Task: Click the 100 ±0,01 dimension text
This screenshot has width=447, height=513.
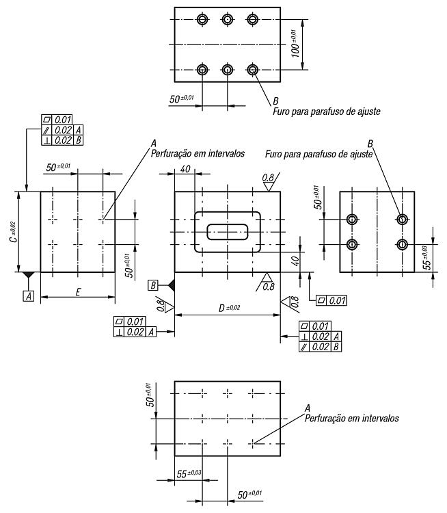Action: coord(295,44)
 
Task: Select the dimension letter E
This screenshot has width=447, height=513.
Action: coord(78,291)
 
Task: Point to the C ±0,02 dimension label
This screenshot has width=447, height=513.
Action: coord(12,232)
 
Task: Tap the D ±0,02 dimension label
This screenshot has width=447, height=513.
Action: coord(230,308)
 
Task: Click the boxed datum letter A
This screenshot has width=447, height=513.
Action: coord(29,296)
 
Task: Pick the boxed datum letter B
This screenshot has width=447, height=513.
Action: coord(152,285)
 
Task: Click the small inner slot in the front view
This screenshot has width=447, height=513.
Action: coord(228,232)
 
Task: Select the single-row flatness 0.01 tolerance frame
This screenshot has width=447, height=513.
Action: coord(331,300)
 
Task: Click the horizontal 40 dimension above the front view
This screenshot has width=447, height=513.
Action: coord(185,169)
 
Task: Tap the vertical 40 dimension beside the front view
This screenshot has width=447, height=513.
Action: coord(295,261)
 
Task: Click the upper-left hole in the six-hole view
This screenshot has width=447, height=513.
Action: coord(203,19)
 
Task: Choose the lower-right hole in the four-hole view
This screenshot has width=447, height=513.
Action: coord(402,244)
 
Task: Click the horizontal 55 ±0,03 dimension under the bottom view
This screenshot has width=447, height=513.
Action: coord(189,473)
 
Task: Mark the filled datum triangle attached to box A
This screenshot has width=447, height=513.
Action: coord(29,275)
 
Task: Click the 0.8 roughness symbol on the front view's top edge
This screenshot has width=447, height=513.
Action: coord(269,182)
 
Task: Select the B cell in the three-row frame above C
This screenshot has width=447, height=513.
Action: coord(79,140)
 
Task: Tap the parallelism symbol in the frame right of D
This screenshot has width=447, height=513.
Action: coord(304,347)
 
